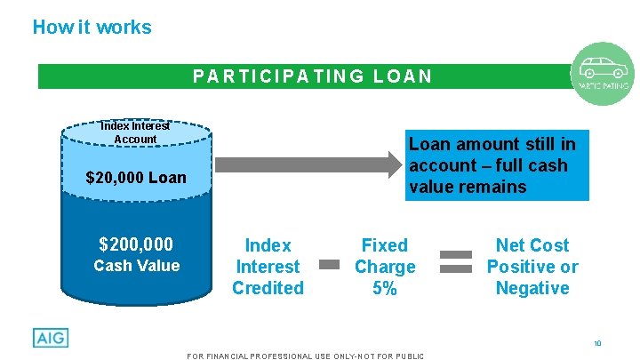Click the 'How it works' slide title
click(x=92, y=27)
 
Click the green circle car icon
click(x=604, y=72)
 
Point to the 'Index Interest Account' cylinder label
click(x=135, y=133)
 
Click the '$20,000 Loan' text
click(x=136, y=178)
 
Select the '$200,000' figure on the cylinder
click(x=136, y=244)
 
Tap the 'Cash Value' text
click(x=137, y=266)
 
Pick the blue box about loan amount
click(x=492, y=165)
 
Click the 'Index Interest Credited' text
click(x=268, y=266)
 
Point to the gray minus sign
click(x=330, y=264)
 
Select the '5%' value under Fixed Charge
click(x=385, y=288)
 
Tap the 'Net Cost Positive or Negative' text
click(x=532, y=266)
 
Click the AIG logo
click(x=50, y=338)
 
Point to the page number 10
click(x=597, y=342)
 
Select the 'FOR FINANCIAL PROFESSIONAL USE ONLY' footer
click(x=306, y=356)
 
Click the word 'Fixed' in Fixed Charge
click(x=385, y=245)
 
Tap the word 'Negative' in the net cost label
click(x=532, y=288)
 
